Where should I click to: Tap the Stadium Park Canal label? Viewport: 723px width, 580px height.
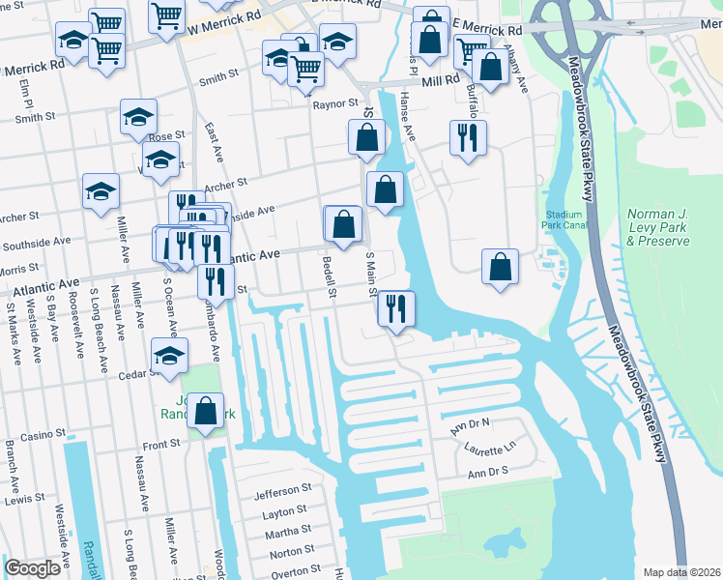click(564, 220)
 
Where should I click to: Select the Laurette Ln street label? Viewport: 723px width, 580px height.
click(490, 449)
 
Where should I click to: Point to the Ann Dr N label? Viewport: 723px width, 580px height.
click(473, 423)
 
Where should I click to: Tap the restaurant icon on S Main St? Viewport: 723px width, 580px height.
click(396, 309)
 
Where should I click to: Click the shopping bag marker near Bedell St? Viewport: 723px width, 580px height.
click(343, 224)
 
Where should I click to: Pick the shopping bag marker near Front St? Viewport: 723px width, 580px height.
click(206, 412)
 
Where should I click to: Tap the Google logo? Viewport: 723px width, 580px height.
click(32, 568)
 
